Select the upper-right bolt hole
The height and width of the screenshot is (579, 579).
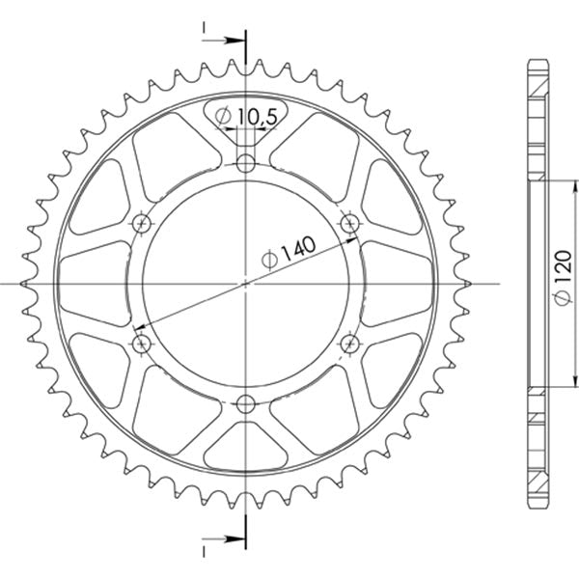pyautogui.click(x=349, y=223)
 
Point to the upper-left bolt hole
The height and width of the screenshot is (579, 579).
pyautogui.click(x=142, y=223)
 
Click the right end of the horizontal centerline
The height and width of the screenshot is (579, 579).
pyautogui.click(x=499, y=284)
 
